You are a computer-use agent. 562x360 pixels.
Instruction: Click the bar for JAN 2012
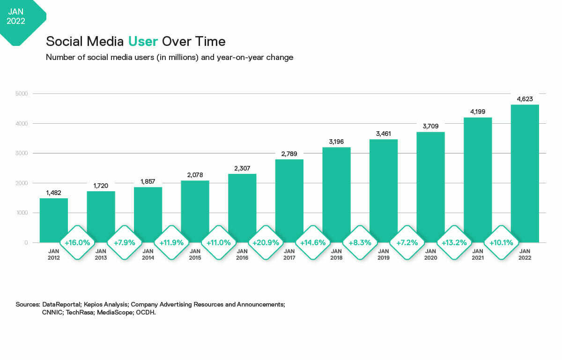[53, 218]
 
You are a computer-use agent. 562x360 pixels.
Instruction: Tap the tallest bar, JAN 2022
[525, 173]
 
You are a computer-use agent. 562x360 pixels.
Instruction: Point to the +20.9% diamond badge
[266, 243]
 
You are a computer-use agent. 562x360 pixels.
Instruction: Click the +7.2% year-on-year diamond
[407, 243]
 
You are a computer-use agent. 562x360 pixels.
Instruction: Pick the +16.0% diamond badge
[77, 243]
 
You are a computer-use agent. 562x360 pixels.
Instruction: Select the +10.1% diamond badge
[501, 243]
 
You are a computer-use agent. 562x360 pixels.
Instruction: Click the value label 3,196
[336, 142]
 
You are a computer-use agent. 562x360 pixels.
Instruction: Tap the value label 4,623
[525, 99]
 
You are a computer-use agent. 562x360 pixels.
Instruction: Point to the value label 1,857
[148, 181]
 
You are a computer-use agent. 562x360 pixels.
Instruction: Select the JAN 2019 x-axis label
[383, 255]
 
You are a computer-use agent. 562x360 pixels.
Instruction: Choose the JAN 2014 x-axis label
[148, 255]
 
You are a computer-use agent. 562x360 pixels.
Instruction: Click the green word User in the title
[143, 41]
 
